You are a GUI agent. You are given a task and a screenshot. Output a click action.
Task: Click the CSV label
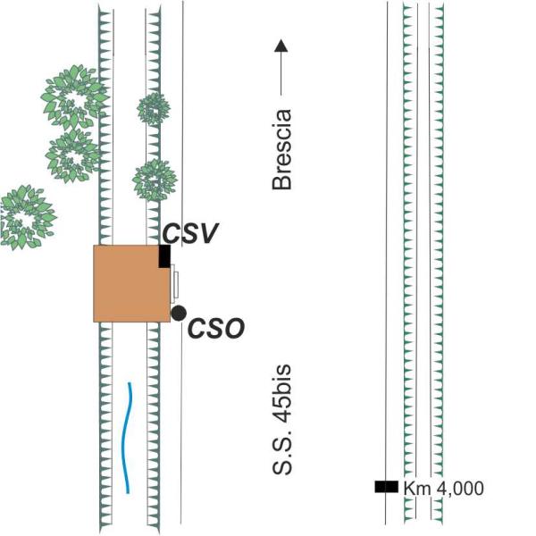(190, 233)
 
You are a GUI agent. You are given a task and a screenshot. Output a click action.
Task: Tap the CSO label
(216, 328)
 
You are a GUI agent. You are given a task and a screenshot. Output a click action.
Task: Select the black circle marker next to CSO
(179, 314)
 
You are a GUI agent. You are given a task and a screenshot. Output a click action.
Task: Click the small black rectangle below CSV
(164, 256)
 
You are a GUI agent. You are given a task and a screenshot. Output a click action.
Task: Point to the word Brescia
(282, 149)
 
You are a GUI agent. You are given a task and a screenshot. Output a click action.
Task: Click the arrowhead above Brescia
(281, 46)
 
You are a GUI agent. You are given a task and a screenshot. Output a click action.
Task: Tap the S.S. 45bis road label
(282, 420)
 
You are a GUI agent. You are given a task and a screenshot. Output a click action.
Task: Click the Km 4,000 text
(444, 488)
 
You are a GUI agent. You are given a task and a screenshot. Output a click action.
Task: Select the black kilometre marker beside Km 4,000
(387, 487)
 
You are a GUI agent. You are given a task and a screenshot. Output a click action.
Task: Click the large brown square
(132, 283)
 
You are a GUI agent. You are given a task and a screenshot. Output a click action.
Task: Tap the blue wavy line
(127, 438)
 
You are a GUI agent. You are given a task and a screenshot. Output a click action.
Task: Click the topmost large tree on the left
(74, 96)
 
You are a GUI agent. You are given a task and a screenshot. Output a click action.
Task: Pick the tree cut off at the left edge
(27, 217)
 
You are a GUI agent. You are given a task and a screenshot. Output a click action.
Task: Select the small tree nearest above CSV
(155, 180)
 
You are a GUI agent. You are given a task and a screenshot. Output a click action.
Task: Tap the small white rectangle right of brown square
(175, 284)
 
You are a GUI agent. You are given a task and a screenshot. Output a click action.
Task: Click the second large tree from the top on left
(72, 156)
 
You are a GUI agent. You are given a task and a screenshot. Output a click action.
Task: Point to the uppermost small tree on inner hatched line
(154, 109)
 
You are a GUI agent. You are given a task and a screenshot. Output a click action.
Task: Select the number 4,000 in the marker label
(460, 489)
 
